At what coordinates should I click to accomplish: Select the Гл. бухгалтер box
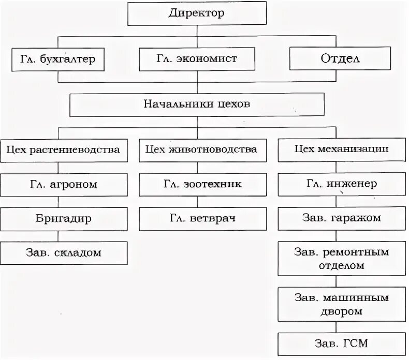tap(59, 59)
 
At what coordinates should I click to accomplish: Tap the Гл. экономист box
tap(197, 59)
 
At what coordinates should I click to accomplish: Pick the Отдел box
tap(340, 59)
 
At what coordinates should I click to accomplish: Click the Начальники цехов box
tap(197, 104)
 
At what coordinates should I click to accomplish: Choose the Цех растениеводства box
tap(64, 150)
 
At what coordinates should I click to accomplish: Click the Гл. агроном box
tap(64, 184)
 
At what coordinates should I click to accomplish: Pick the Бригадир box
tap(64, 219)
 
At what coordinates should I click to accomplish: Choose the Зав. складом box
tap(64, 253)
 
